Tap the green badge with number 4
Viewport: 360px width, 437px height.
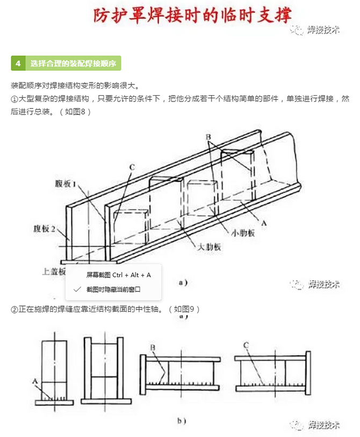18,63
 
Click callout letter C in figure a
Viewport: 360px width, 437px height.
132,167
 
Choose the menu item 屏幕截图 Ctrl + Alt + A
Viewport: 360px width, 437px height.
118,275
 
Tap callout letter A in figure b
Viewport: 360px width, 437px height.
34,381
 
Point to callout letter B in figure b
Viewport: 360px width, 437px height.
153,348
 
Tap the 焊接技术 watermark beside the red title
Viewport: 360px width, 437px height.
318,31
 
